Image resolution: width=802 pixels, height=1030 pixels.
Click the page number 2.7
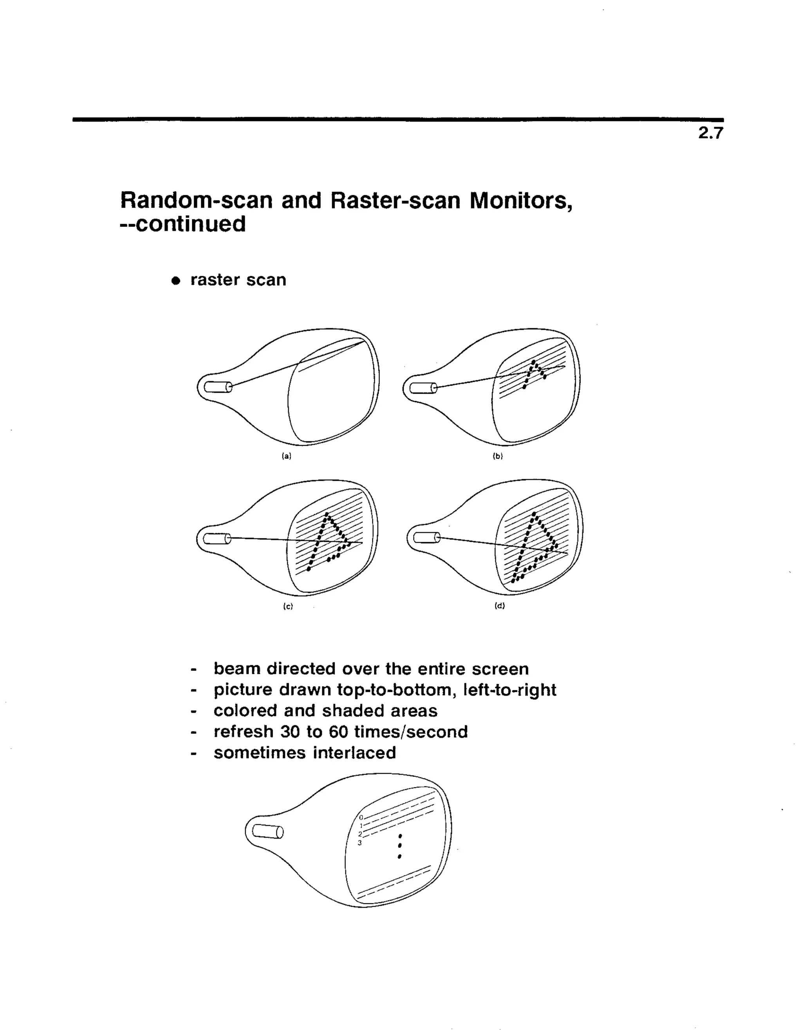(x=710, y=134)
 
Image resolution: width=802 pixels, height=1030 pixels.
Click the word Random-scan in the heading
(x=196, y=201)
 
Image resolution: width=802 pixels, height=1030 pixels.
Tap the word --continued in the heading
(x=183, y=224)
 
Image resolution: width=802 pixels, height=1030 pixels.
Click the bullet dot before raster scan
(x=176, y=281)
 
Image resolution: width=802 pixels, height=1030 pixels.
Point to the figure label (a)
(x=286, y=456)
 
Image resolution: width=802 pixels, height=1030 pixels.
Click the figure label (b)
(x=498, y=456)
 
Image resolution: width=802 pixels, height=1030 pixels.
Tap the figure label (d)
(x=499, y=606)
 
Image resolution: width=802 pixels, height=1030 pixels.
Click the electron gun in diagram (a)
(x=218, y=387)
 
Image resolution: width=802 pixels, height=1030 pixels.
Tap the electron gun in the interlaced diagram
(x=268, y=831)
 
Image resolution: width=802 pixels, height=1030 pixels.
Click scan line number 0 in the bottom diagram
(x=361, y=817)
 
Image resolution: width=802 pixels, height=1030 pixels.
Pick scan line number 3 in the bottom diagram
(x=359, y=843)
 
